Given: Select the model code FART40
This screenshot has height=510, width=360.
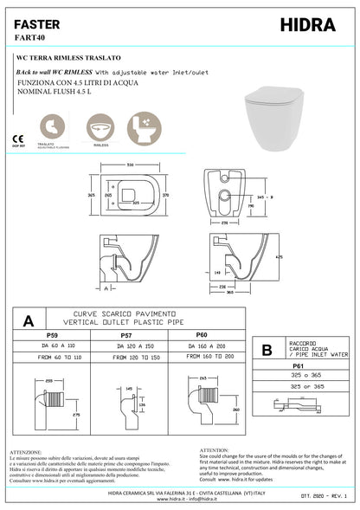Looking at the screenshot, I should point(29,39).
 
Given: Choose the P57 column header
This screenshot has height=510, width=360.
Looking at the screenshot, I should point(126,332).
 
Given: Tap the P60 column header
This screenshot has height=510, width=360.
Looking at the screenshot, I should point(202,332).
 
